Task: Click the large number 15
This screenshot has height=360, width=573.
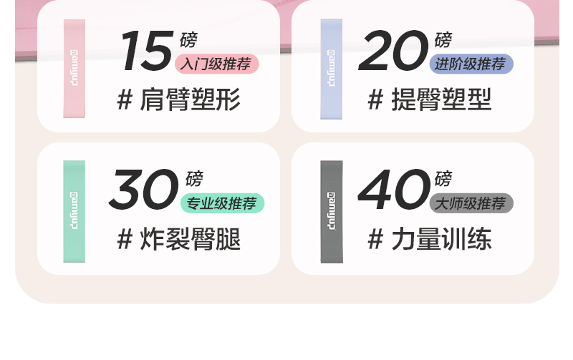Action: pos(145,52)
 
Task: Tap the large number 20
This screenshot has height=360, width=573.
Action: pos(393,52)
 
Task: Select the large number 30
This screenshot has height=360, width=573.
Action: pos(143,190)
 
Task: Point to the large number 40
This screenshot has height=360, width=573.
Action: pos(393,190)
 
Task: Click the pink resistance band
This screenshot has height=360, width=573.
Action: pos(74,68)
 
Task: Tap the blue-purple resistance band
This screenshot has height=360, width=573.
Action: pos(331,68)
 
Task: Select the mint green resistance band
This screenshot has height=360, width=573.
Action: pos(74,211)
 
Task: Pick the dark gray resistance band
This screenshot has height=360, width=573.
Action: pos(331,211)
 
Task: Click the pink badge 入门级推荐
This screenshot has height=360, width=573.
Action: pos(216,64)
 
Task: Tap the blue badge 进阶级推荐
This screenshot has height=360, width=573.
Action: pos(471,64)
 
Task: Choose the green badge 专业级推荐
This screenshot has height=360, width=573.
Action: pos(222,204)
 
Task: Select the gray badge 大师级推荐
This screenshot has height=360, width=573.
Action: pos(471,204)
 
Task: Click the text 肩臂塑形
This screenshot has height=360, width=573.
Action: pos(189,100)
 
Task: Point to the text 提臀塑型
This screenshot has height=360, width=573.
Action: pos(441,100)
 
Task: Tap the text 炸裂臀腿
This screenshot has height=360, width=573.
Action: pos(189,239)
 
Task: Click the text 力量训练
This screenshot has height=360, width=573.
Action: pos(441,239)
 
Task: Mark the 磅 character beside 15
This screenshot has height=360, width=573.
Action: pos(188,40)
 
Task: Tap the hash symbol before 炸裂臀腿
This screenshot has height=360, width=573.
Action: pos(125,239)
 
